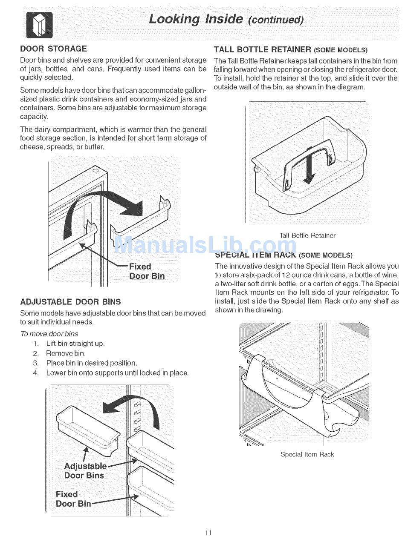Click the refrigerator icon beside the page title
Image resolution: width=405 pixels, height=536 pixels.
(39, 25)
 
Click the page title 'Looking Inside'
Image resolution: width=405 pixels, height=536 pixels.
(196, 19)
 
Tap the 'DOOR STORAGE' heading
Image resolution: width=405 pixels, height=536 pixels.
(53, 49)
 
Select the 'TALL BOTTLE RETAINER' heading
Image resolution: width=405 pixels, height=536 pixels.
(263, 50)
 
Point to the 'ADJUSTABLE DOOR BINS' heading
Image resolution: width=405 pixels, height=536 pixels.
(70, 302)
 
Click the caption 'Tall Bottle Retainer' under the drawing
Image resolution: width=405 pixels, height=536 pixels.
(307, 235)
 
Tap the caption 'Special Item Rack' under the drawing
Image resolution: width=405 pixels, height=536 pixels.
(307, 454)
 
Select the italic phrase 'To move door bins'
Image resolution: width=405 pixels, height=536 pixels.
(49, 334)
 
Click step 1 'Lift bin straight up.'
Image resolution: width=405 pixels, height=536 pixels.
(75, 344)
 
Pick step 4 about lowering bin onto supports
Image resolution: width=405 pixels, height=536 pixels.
(117, 373)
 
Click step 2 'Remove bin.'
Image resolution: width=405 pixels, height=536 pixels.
(66, 353)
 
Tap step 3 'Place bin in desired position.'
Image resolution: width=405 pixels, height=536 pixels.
(91, 363)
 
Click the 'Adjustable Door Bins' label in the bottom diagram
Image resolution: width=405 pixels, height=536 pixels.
(85, 470)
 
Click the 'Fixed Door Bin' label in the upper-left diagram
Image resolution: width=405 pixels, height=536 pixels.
(147, 271)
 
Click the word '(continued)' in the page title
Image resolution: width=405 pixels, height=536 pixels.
(276, 20)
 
